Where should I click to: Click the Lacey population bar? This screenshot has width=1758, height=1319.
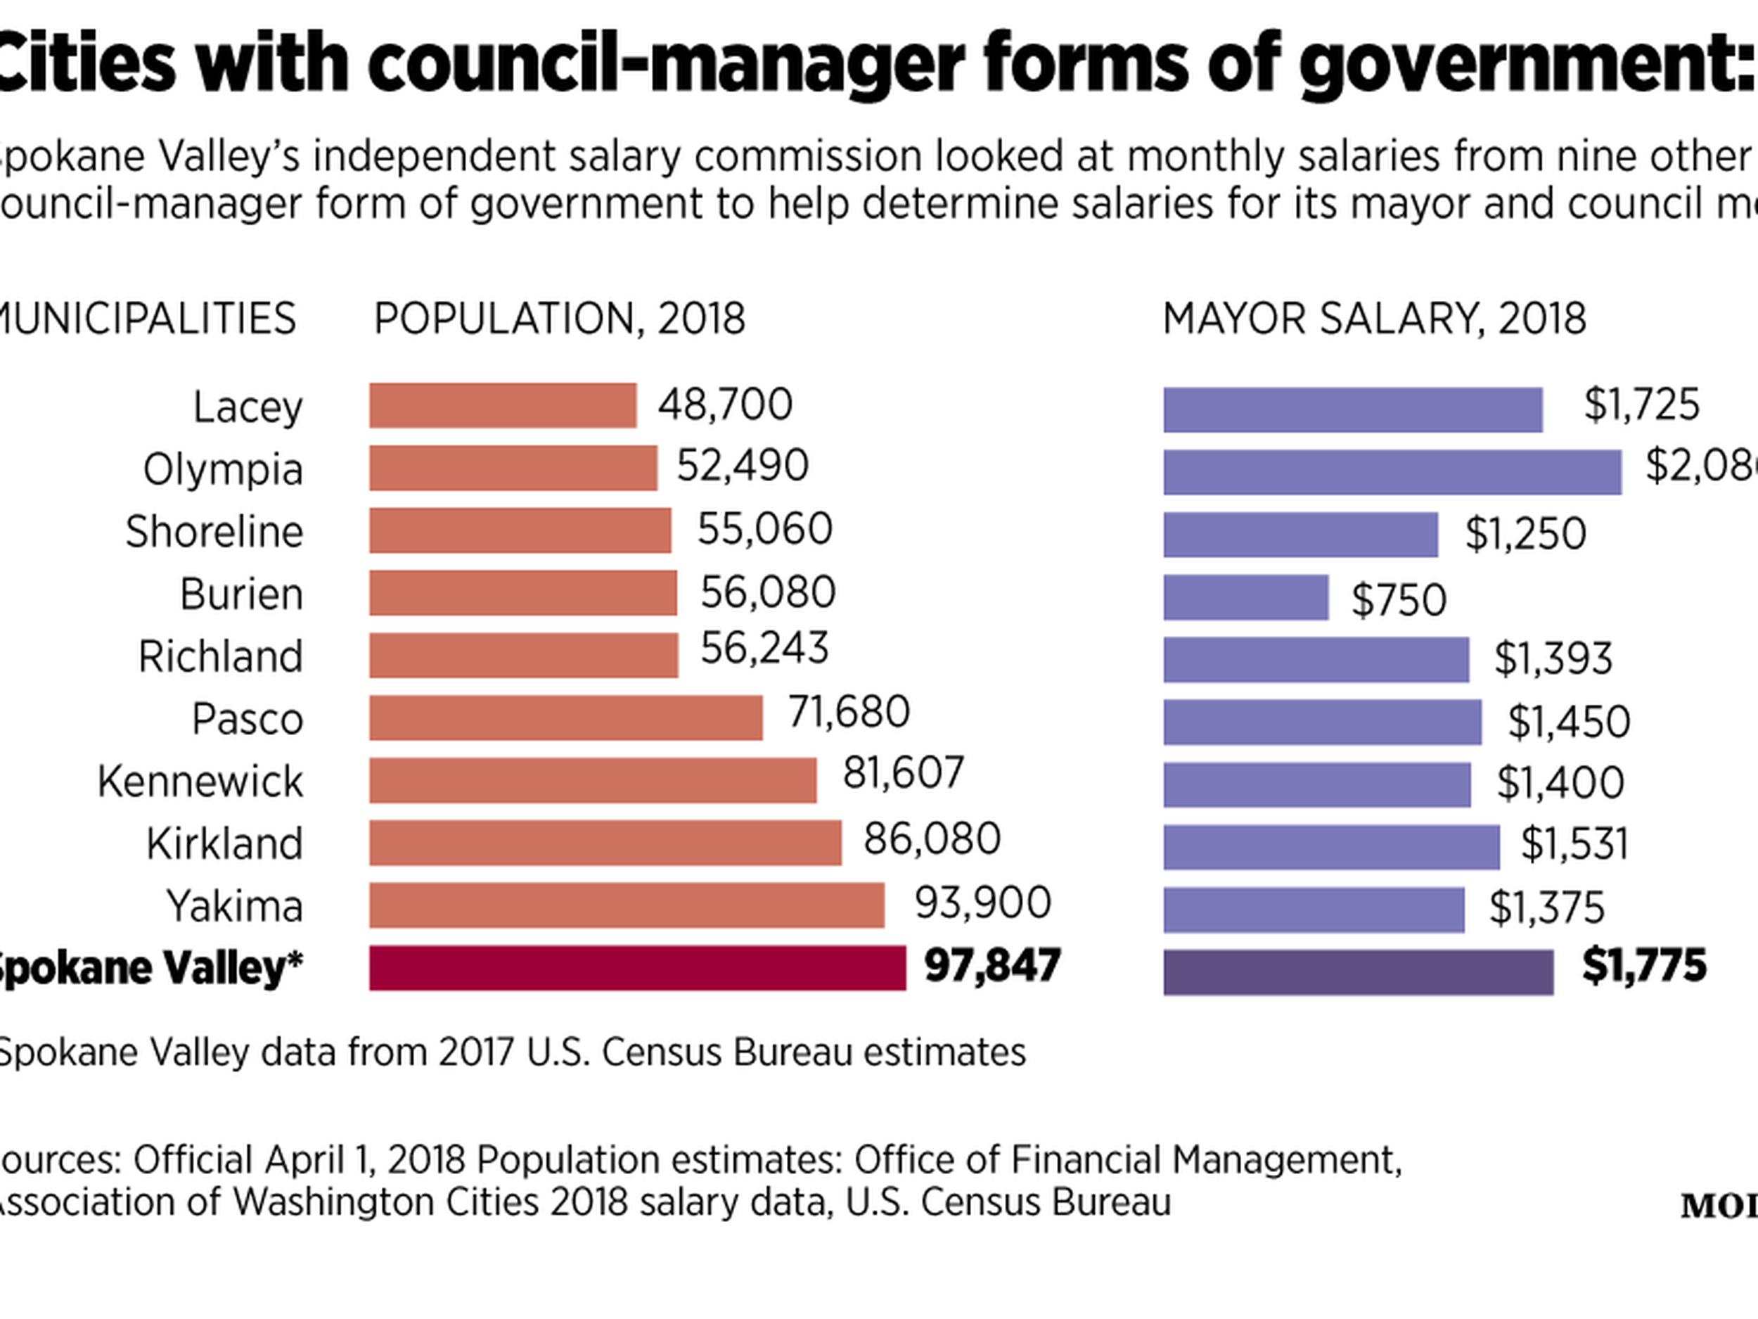[502, 405]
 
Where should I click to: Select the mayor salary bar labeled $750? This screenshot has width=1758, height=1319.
[1245, 598]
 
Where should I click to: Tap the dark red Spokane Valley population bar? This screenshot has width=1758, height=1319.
[636, 967]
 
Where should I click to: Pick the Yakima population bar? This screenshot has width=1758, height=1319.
[627, 905]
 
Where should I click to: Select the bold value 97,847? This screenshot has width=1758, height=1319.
[992, 966]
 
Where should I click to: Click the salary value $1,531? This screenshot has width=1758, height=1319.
[1574, 843]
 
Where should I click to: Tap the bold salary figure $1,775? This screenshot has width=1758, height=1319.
[1643, 966]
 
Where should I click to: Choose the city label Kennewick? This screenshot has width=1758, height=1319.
[200, 782]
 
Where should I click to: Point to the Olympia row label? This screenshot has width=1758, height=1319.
[222, 469]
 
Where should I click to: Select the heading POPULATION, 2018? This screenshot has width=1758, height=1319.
[559, 319]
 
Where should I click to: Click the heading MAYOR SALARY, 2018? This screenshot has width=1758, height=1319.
[1374, 319]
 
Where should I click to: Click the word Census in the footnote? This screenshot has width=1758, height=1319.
[664, 1052]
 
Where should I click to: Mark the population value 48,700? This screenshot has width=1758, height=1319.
[724, 404]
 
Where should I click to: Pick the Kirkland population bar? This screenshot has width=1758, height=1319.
[605, 843]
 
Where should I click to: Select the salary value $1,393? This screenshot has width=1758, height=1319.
[1553, 658]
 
